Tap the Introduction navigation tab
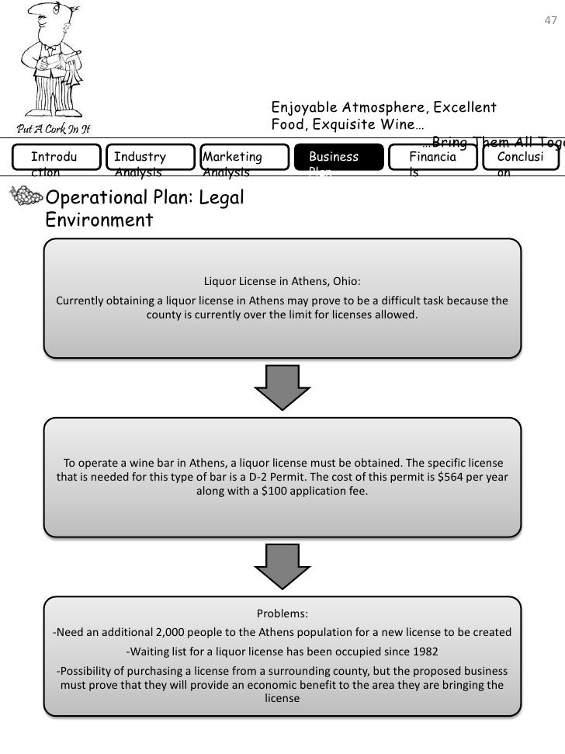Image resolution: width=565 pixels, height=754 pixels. click(56, 162)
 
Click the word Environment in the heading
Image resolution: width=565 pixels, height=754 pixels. click(99, 221)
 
